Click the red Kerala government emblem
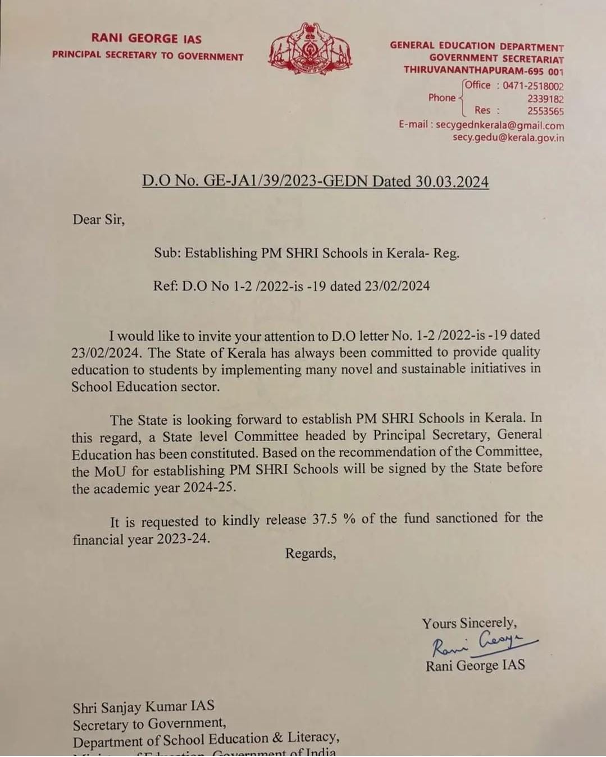(x=310, y=49)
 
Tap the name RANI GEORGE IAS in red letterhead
(x=146, y=38)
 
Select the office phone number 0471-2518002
(x=532, y=86)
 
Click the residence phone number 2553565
(x=545, y=111)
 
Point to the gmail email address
(x=499, y=125)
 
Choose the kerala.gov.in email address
(x=508, y=138)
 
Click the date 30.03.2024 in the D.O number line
(x=452, y=181)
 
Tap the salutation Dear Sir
(x=98, y=219)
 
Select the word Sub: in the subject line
(x=167, y=253)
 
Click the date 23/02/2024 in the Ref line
(x=397, y=286)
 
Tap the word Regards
(x=310, y=553)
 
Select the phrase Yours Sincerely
(x=469, y=623)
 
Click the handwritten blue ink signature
(x=484, y=645)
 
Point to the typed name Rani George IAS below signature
(x=475, y=665)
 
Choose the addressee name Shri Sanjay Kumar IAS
(x=143, y=706)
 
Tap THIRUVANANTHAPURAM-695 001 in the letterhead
(x=483, y=71)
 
